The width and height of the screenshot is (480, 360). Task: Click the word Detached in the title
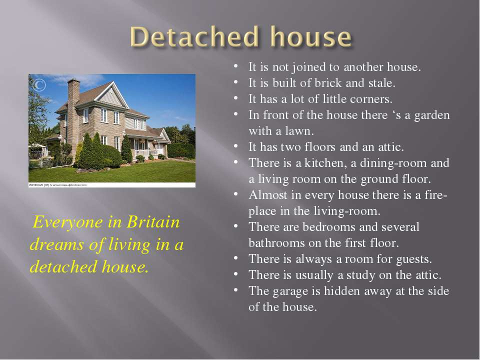click(194, 36)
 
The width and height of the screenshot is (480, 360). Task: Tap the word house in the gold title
click(311, 36)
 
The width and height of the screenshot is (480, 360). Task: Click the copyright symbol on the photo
click(39, 85)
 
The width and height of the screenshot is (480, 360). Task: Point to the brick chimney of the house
click(73, 116)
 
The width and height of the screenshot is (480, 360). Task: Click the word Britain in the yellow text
click(153, 222)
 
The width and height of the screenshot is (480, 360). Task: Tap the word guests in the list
click(414, 259)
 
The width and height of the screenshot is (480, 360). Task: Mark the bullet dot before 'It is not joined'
click(235, 65)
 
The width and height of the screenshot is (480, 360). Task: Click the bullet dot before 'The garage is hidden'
click(235, 289)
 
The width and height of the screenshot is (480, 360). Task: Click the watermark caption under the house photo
click(57, 185)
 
